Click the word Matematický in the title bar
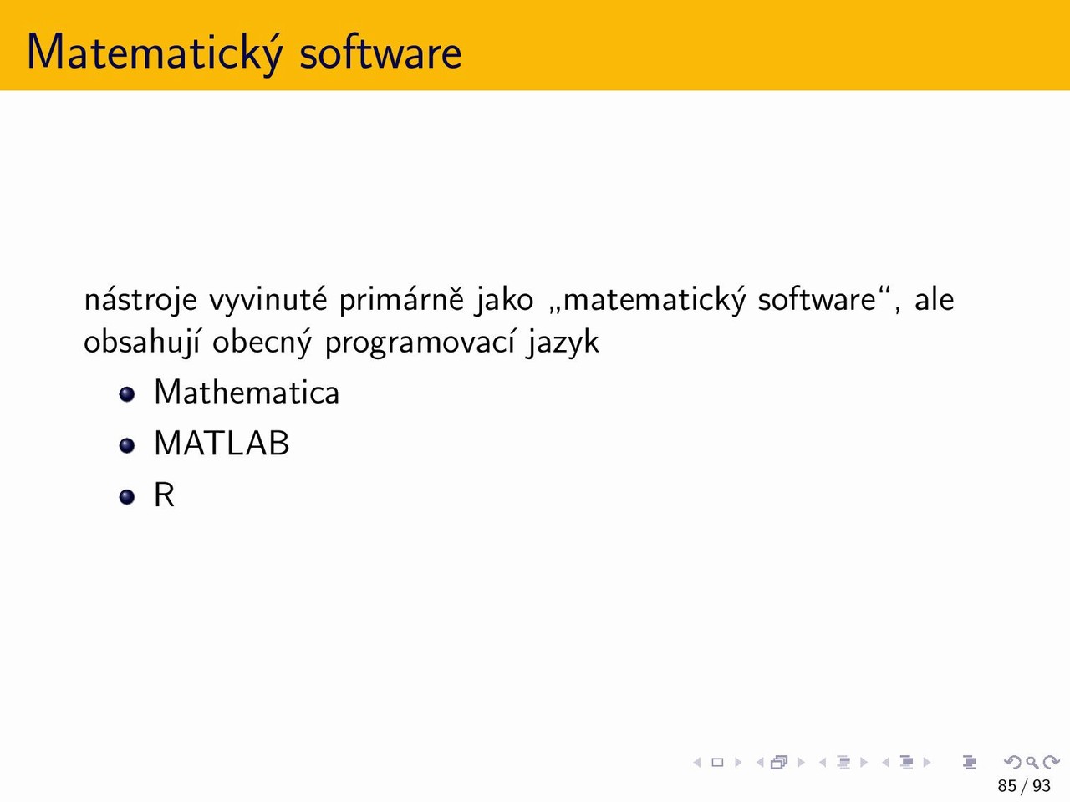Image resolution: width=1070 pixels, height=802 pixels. tap(155, 53)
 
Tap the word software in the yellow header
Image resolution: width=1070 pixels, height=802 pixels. tap(380, 51)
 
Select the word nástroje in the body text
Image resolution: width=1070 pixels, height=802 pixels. tap(140, 298)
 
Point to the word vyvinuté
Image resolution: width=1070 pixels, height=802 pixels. tap(268, 298)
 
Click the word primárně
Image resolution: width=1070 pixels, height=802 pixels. tap(401, 298)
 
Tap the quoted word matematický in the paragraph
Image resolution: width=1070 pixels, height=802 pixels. tap(653, 298)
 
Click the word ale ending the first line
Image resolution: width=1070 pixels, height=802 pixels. tap(934, 299)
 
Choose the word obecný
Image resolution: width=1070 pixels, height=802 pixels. tap(262, 342)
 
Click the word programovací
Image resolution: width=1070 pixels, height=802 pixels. tap(420, 342)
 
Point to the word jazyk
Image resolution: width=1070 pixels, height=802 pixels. tap(562, 342)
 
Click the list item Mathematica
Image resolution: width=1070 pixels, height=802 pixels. tap(246, 392)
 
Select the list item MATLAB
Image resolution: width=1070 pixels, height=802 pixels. tap(222, 443)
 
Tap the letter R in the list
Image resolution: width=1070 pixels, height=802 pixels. tap(164, 495)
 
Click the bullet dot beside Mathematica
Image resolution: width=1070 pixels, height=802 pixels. tap(127, 394)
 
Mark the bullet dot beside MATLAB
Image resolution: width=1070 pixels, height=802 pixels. tap(127, 445)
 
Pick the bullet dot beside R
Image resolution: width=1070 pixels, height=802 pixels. tap(127, 497)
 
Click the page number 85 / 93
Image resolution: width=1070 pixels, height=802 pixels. tap(1024, 786)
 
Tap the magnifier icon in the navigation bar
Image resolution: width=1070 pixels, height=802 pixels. tap(1032, 762)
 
